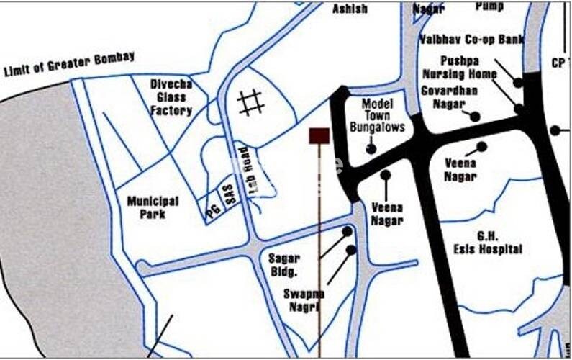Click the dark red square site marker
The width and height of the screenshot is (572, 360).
[x=319, y=135]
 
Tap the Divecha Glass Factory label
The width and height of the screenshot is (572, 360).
[x=171, y=97]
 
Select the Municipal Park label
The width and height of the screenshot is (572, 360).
[x=153, y=207]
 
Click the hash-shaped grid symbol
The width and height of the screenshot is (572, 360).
[x=250, y=102]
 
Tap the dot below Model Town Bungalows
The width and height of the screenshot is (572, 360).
[x=371, y=149]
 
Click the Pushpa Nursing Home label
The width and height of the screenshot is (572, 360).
[x=459, y=68]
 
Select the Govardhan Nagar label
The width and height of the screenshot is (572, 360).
[x=449, y=96]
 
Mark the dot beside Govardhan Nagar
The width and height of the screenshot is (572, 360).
[x=475, y=116]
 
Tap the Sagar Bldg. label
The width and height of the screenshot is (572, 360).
[x=283, y=264]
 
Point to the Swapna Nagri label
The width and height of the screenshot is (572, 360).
[x=304, y=300]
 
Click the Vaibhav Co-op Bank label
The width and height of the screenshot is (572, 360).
[x=471, y=39]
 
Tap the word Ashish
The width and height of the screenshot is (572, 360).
[x=350, y=9]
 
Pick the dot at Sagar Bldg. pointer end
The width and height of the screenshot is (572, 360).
[x=348, y=232]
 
